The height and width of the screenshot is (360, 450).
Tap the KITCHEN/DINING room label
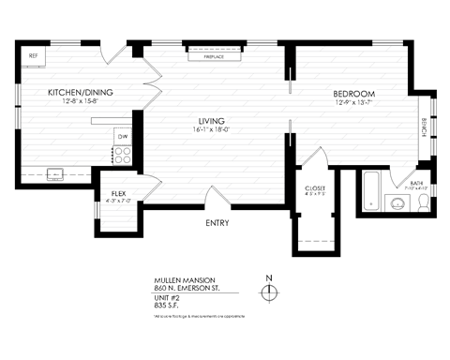pos(80,93)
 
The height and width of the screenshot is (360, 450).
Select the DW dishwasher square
pos(122,137)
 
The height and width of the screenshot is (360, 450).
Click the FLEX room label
pos(118,194)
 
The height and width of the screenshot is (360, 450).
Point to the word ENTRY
pos(217,222)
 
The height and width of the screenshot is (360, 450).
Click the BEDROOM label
pos(354,94)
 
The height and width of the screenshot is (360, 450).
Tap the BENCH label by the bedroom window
pos(424,127)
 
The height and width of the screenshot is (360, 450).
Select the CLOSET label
pos(315,188)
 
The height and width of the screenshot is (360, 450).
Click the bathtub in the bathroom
pos(369,192)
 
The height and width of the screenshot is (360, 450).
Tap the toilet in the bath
pos(418,202)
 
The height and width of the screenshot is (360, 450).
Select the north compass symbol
pos(269,292)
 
